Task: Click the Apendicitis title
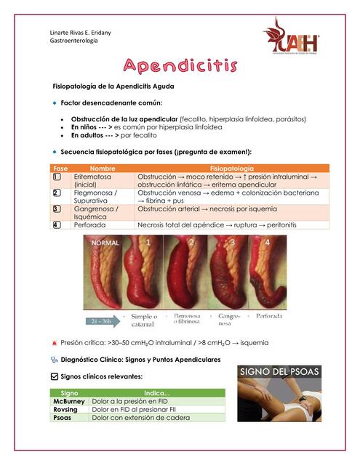(x=180, y=67)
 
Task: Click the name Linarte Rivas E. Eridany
(x=70, y=33)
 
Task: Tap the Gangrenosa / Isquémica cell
(x=96, y=213)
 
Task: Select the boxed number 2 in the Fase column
(x=57, y=193)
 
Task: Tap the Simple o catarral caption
(x=145, y=320)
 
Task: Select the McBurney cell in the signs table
(x=70, y=401)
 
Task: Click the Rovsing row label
(x=68, y=410)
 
